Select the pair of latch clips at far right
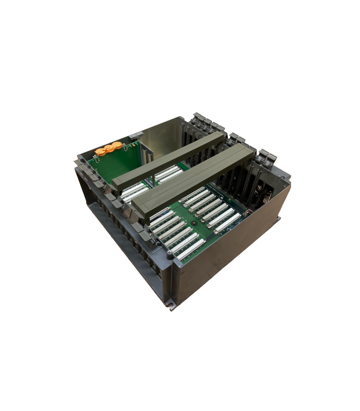[x=266, y=156]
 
